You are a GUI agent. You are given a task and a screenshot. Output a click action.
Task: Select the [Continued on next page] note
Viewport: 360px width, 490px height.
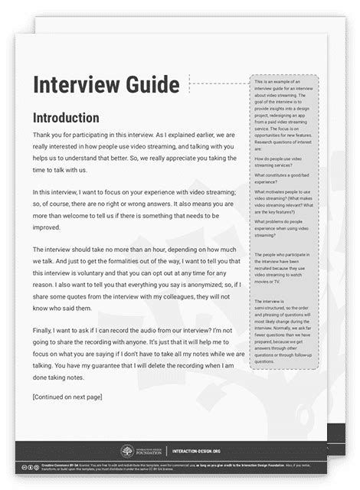(67, 397)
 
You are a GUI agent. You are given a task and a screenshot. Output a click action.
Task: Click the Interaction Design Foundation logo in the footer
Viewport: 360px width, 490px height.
(127, 452)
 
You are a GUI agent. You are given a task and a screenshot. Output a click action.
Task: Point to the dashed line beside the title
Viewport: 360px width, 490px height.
(218, 83)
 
